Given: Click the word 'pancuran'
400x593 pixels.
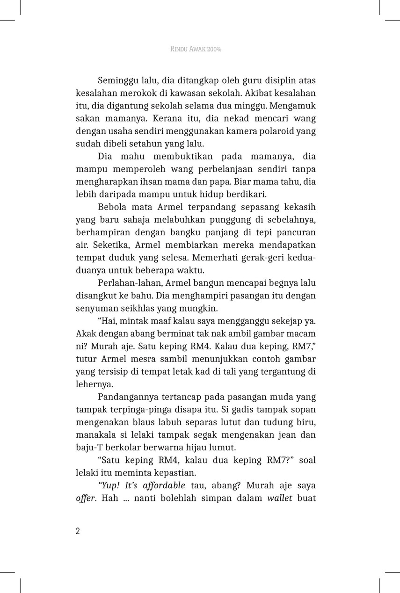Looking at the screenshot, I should coord(296,232).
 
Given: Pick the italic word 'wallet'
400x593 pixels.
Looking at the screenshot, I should coord(279,498).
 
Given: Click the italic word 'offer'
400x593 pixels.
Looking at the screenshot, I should coord(86,498).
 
